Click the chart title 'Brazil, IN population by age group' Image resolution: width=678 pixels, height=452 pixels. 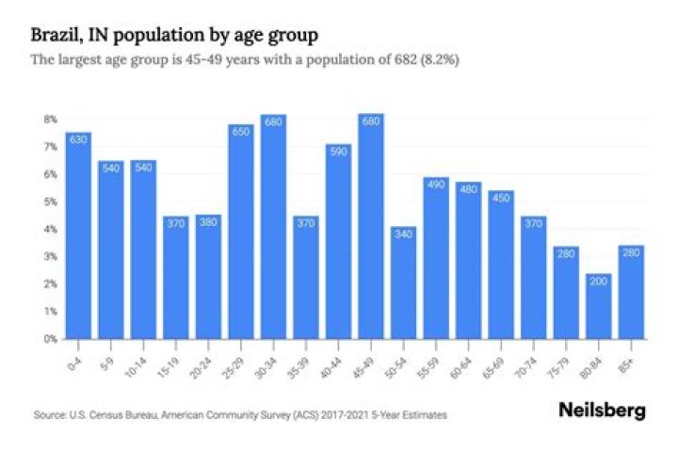173,36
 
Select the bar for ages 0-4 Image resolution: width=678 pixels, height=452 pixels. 78,235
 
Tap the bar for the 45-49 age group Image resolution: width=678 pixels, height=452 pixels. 370,226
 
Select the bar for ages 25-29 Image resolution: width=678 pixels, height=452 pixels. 240,231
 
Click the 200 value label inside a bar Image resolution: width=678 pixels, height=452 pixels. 598,282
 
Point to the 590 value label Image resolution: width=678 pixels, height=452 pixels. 338,153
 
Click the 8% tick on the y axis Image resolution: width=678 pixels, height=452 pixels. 49,120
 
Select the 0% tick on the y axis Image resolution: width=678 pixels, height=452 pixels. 49,338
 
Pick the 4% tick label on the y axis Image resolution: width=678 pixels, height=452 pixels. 49,229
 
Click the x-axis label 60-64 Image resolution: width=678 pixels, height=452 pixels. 465,361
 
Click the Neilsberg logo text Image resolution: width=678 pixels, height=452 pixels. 601,411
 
